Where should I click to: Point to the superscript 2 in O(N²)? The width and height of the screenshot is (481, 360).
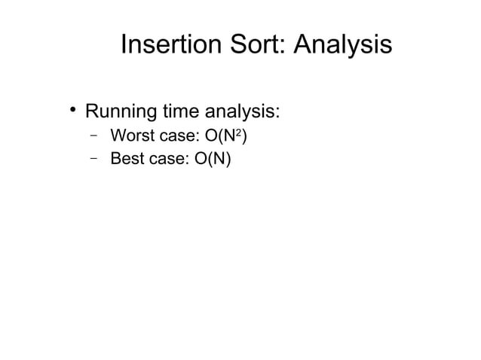[238, 133]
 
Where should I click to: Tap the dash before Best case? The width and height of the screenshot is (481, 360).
[93, 159]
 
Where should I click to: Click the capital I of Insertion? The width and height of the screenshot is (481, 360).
[124, 44]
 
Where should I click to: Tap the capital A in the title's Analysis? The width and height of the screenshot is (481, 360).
[301, 44]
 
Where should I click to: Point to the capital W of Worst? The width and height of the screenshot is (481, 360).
[117, 137]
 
